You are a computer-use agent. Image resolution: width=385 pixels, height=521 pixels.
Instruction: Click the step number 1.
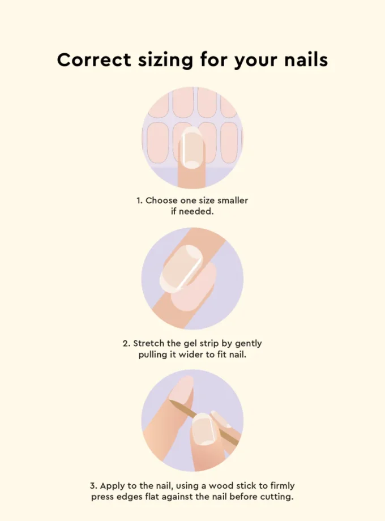tap(138, 200)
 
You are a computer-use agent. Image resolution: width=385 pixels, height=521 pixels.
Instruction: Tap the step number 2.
tap(126, 343)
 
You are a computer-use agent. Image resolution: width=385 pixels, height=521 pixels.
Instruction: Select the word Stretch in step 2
tap(149, 343)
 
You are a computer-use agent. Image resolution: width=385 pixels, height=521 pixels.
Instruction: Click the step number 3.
tap(93, 486)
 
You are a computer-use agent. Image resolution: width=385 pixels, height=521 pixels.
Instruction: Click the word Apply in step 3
tap(110, 486)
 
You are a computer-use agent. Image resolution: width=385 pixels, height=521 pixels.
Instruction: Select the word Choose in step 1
tap(161, 200)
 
